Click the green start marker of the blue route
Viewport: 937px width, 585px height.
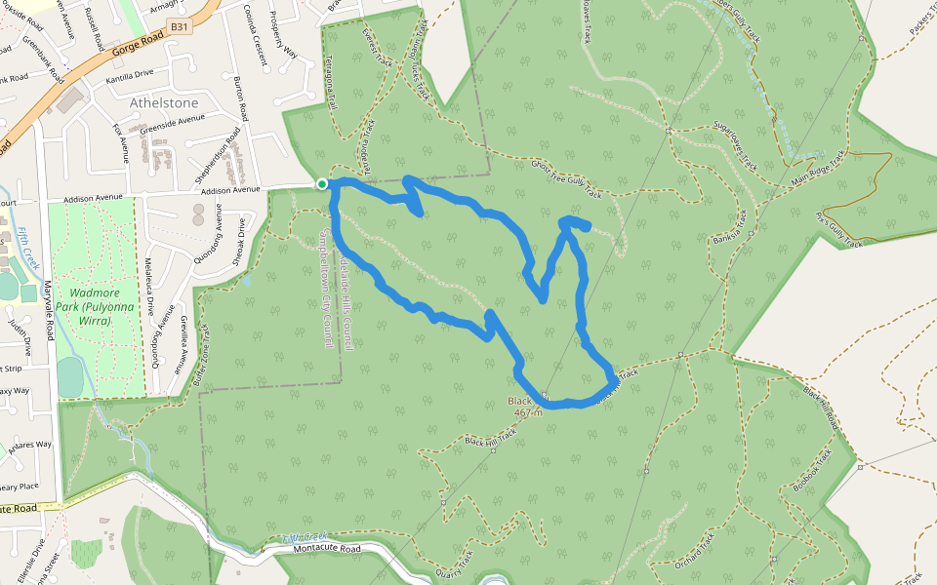(321, 183)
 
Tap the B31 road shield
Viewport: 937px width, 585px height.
(179, 28)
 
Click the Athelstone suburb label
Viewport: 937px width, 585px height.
(163, 102)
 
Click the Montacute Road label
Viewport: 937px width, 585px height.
(327, 549)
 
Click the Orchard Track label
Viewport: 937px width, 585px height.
(694, 548)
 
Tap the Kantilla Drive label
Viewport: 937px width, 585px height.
(130, 74)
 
